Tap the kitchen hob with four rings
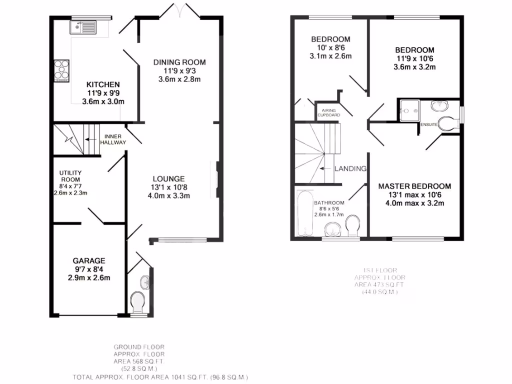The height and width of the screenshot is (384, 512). click(61, 70)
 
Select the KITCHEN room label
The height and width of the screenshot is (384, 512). click(103, 84)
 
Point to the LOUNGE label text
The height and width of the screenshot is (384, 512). click(168, 178)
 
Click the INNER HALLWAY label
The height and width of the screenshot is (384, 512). click(113, 139)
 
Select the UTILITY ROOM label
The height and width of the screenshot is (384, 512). click(70, 175)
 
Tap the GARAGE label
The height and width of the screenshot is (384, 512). click(89, 260)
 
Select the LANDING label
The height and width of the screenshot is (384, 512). click(350, 168)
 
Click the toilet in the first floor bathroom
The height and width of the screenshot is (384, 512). click(353, 226)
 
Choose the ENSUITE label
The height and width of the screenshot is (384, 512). click(429, 124)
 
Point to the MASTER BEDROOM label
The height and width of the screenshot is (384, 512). click(414, 186)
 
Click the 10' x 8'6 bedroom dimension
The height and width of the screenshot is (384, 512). click(330, 47)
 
